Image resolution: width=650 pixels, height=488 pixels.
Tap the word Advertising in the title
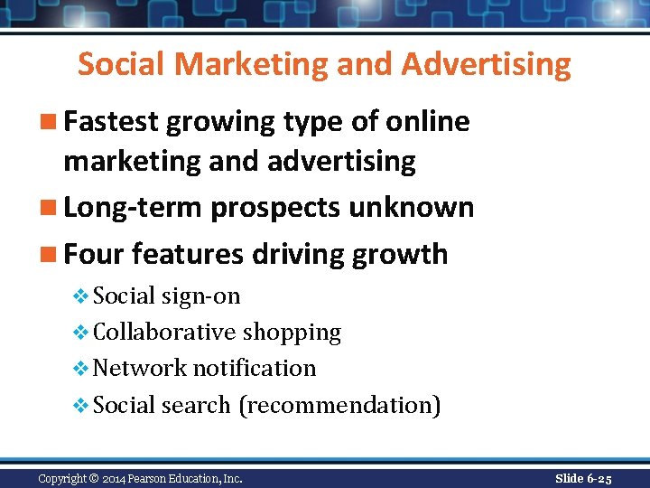tap(487, 65)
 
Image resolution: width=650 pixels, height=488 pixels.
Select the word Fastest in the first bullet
tap(112, 121)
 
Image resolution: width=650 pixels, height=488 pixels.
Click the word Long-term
tap(134, 207)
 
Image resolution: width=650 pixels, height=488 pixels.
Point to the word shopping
tap(292, 333)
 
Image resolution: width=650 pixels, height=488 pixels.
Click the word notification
tap(255, 369)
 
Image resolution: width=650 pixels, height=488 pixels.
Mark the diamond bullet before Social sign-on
tap(81, 296)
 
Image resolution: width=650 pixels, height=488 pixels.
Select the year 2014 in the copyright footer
tap(116, 478)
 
